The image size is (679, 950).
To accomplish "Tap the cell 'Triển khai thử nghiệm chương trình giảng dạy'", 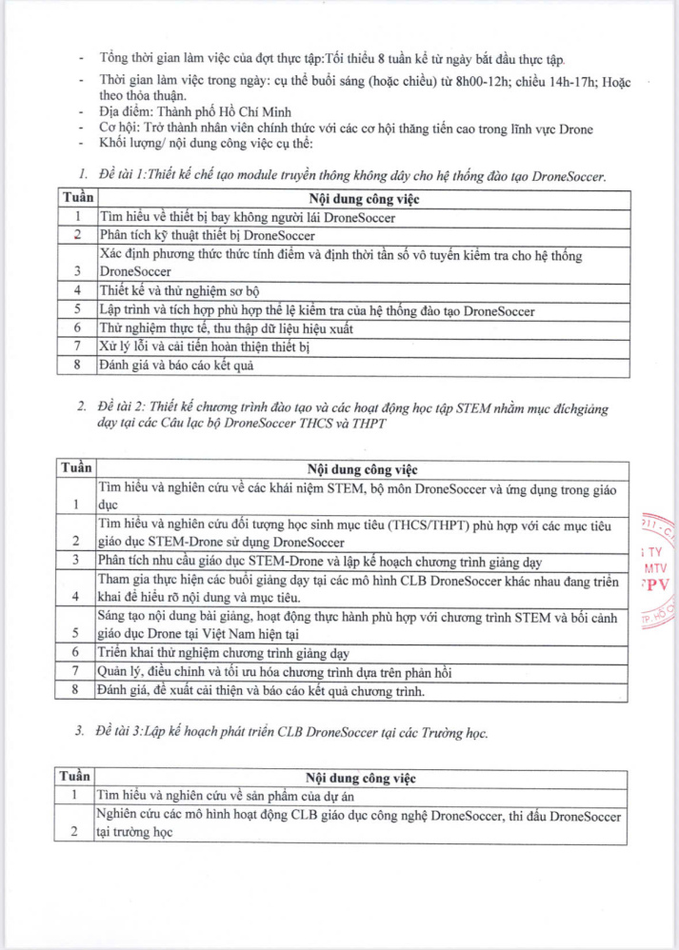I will (225, 652).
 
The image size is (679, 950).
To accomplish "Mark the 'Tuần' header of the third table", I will (76, 778).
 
